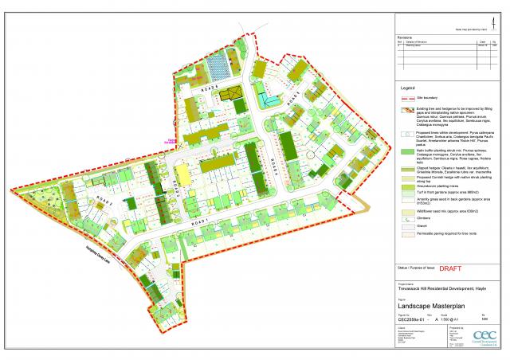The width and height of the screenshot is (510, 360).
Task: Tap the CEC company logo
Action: point(484,337)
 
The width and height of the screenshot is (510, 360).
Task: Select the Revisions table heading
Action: point(406,37)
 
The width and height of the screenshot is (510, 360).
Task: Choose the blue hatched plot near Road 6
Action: point(214,64)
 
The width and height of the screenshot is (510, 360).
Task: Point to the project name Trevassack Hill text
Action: point(437,288)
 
